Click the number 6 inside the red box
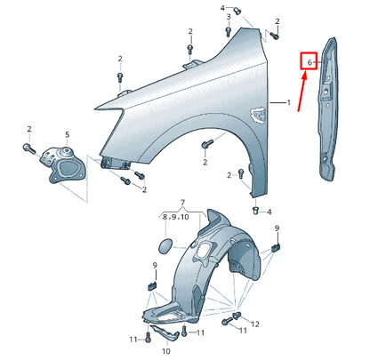pyautogui.click(x=310, y=62)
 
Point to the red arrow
pyautogui.click(x=302, y=92)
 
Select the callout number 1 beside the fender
pyautogui.click(x=288, y=103)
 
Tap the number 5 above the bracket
pyautogui.click(x=68, y=134)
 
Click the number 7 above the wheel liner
pyautogui.click(x=182, y=203)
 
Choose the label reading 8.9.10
pyautogui.click(x=176, y=217)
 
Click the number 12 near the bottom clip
pyautogui.click(x=255, y=324)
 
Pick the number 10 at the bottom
pyautogui.click(x=166, y=351)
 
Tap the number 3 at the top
pyautogui.click(x=229, y=17)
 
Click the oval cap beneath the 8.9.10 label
pyautogui.click(x=165, y=246)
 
